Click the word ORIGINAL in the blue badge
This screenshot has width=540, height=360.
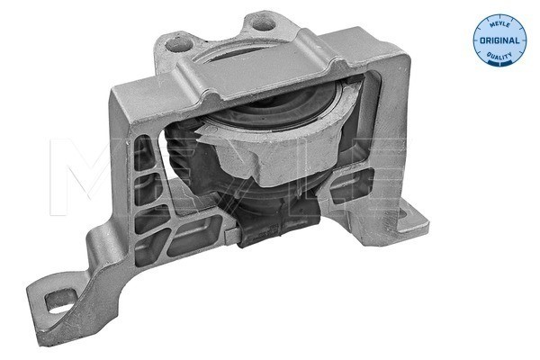(x=499, y=40)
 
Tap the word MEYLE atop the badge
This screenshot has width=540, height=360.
(x=499, y=23)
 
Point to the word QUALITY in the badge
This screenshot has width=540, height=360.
(x=499, y=55)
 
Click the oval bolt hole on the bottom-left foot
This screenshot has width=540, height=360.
(x=60, y=301)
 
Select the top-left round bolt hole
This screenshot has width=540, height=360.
(x=177, y=44)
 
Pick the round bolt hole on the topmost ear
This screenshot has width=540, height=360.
(x=264, y=23)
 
